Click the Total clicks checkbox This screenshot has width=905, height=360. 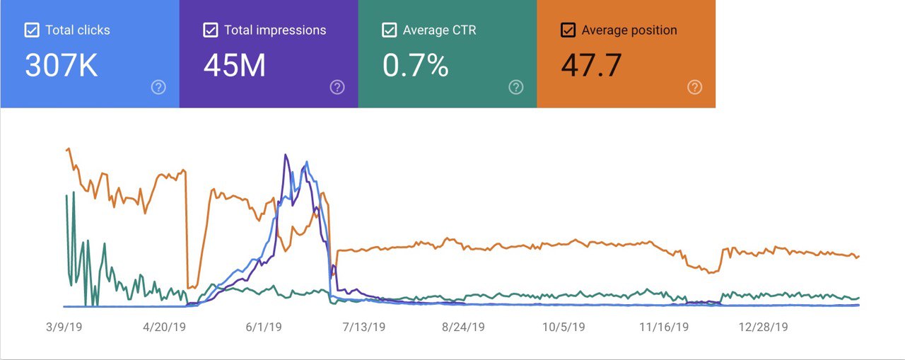click(32, 30)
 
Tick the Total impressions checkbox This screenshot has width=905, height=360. click(210, 30)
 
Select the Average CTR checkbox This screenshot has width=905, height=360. click(389, 30)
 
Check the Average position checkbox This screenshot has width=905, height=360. click(568, 30)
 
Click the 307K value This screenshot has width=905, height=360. click(61, 66)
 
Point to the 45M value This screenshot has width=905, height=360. click(235, 66)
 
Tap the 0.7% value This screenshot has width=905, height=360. click(416, 66)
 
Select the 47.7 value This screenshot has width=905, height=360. click(592, 66)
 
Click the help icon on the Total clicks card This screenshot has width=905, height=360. click(158, 87)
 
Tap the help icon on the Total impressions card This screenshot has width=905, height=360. click(337, 87)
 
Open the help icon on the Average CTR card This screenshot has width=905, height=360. click(516, 87)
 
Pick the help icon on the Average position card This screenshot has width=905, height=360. click(695, 87)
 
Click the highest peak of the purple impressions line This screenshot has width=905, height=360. click(286, 155)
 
